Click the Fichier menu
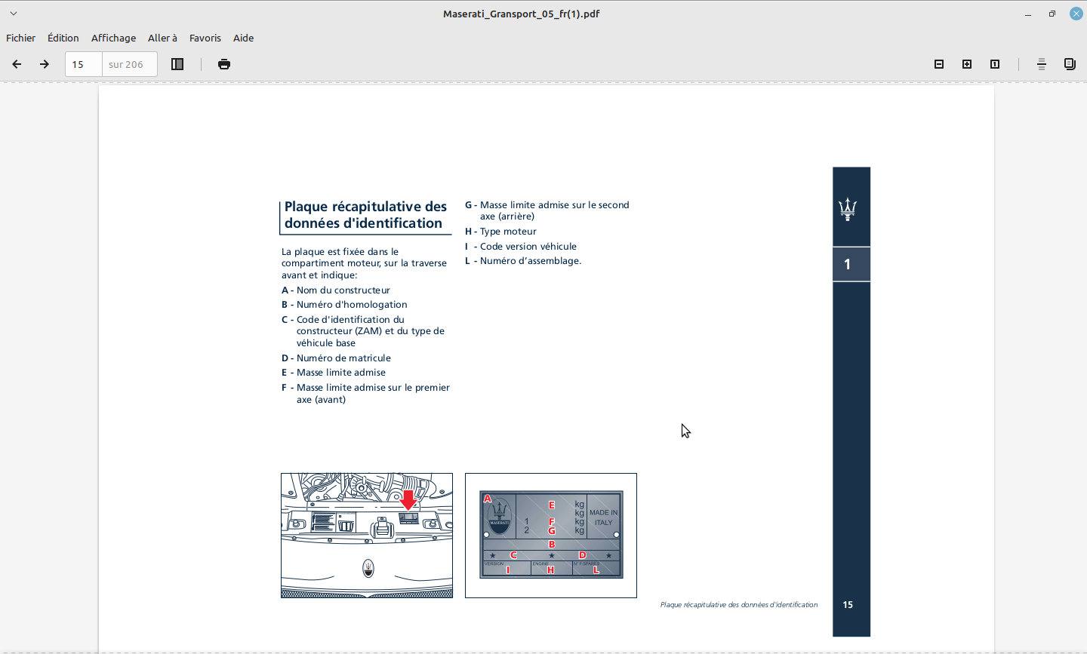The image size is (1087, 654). point(20,38)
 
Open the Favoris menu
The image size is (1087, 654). point(205,38)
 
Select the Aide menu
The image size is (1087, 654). point(243,38)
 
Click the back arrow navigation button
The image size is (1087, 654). point(17,64)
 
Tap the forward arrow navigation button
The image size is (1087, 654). point(45,64)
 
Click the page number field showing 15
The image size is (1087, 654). point(83,64)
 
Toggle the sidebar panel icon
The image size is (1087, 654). point(177,64)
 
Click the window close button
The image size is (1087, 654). point(1076,14)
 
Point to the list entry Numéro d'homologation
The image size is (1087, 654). point(352,305)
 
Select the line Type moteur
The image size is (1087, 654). point(508,232)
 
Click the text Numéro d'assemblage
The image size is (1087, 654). point(530,261)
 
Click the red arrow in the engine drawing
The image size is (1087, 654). point(408,500)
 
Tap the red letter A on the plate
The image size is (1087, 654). point(488,499)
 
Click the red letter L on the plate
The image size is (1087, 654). point(596,570)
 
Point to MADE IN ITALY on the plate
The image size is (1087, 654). point(603,517)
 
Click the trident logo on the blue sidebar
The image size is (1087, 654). point(848,208)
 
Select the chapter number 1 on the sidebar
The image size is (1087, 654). point(848,264)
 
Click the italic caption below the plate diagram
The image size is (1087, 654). point(738,605)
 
